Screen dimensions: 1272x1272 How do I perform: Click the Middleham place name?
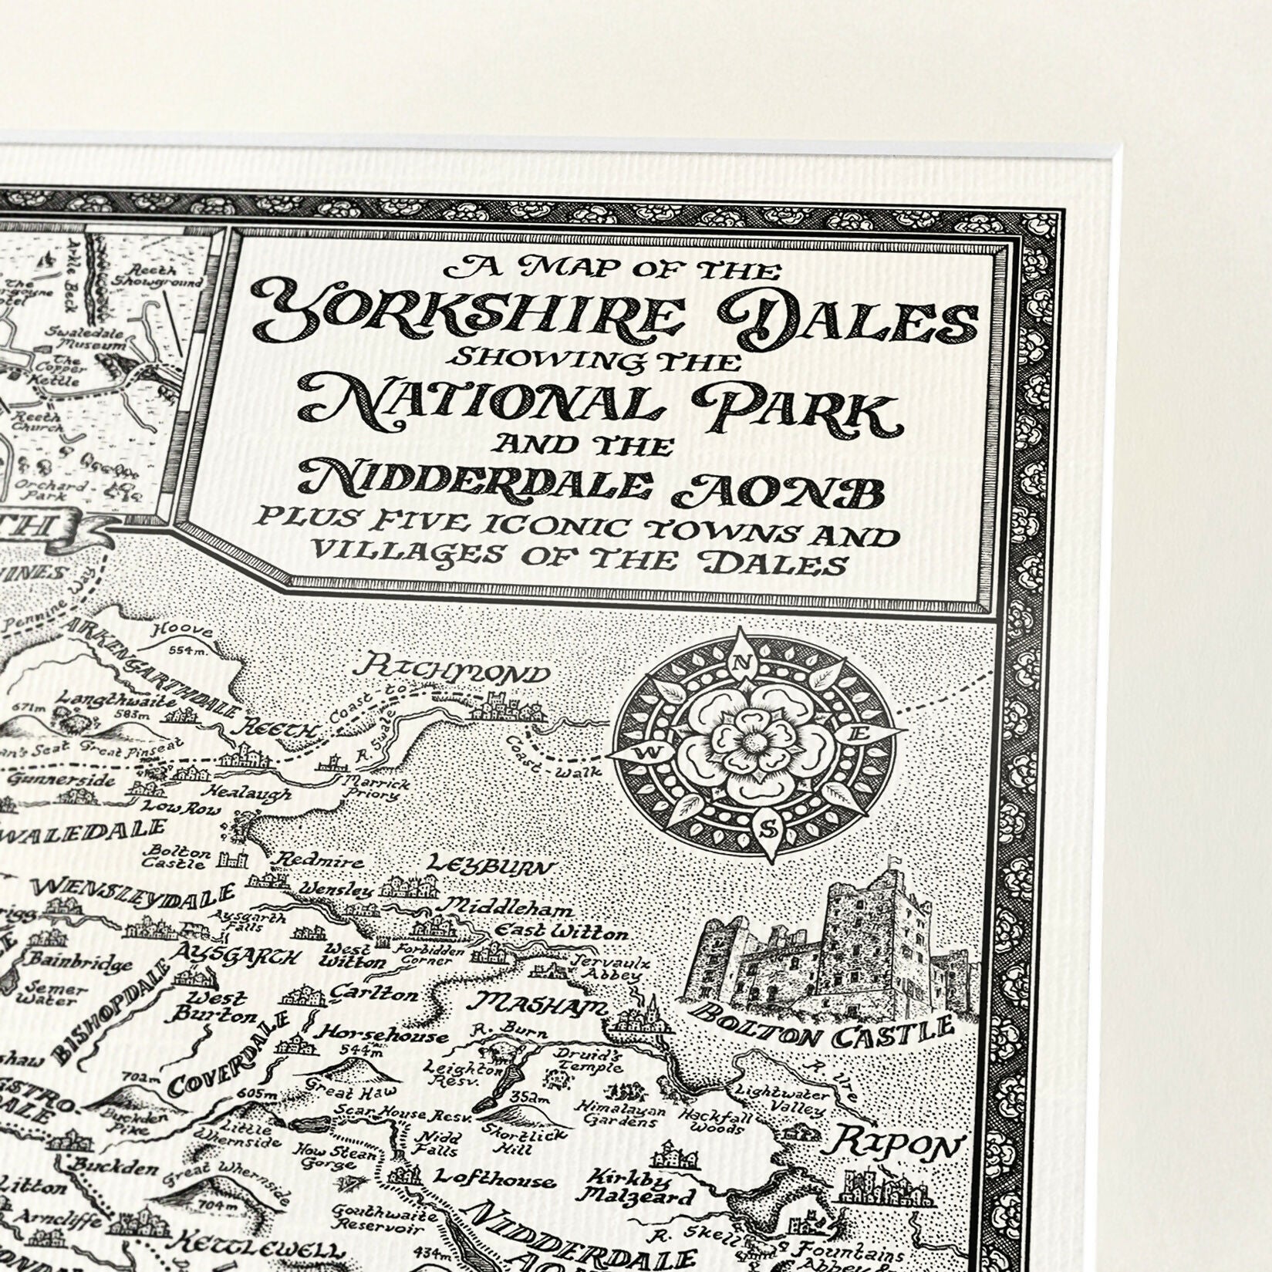coord(509,907)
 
